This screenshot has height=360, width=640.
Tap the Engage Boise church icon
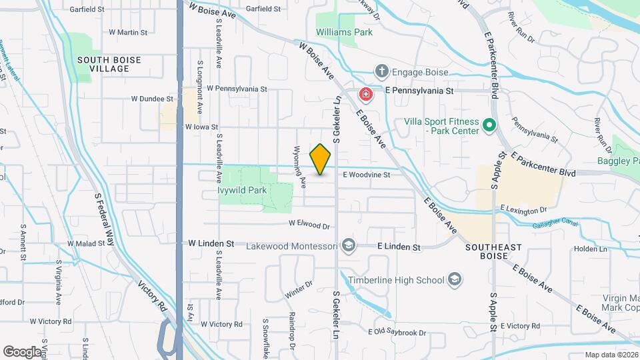coord(381,71)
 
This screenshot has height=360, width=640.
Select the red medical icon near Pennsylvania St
coord(365,94)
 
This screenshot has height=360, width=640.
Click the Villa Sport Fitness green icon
coord(489,125)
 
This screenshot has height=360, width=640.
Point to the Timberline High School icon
coord(455,279)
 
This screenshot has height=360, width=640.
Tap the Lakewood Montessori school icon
coord(347,246)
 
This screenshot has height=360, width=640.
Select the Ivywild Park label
coord(242,190)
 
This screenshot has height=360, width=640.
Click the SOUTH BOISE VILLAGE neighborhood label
coord(109,64)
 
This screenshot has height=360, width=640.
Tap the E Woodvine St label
coord(366,175)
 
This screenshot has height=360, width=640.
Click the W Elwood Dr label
coord(309,225)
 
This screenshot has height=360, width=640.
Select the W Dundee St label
coord(152,99)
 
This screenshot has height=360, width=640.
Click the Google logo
coord(22,351)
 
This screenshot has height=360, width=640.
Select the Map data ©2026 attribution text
coord(611,355)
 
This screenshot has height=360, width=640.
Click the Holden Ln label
coord(591,249)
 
